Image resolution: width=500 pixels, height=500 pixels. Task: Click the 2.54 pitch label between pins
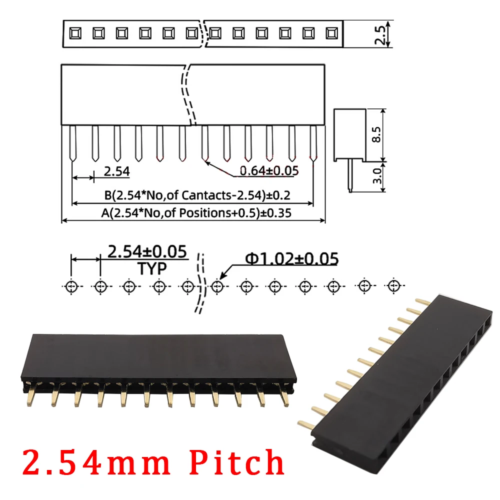[116, 171]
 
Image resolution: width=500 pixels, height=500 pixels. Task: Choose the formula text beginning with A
[196, 212]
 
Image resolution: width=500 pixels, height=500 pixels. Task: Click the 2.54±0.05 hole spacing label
[147, 250]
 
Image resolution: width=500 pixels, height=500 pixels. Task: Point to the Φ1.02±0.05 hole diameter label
[291, 258]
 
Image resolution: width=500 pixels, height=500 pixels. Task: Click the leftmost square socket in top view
[74, 33]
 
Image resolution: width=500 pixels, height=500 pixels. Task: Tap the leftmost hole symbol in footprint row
[71, 286]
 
